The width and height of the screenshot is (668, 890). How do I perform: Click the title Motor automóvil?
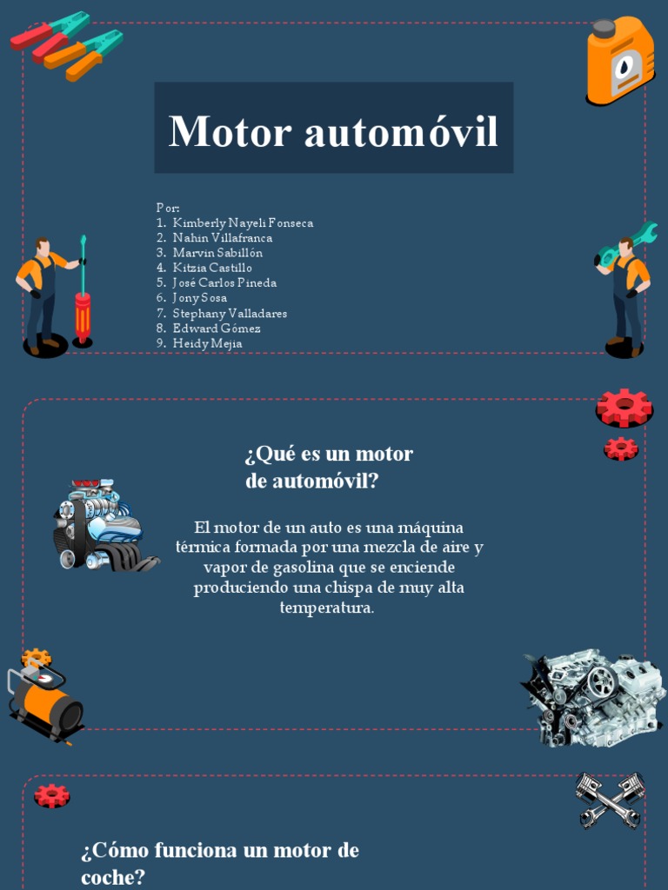pos(333,130)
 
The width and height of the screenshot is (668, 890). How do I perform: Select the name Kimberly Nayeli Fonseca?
pos(243,222)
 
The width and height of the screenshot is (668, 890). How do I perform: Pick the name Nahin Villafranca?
pos(222,237)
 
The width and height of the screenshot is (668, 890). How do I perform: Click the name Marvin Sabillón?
pos(217,252)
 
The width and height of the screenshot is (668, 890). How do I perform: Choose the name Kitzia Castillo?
pos(212,268)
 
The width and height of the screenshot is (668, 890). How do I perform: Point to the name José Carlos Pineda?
pos(224,282)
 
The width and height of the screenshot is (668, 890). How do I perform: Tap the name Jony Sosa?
pos(199,297)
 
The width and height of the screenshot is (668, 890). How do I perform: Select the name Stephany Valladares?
pos(230,313)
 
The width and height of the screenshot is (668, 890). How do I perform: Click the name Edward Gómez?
pos(217,328)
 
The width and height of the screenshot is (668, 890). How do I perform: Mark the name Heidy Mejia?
pos(207,343)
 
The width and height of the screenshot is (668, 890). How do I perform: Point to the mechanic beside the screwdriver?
pos(40,296)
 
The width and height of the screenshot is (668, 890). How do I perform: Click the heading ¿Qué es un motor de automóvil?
pos(329,467)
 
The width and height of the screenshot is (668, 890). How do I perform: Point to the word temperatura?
pos(327,608)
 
